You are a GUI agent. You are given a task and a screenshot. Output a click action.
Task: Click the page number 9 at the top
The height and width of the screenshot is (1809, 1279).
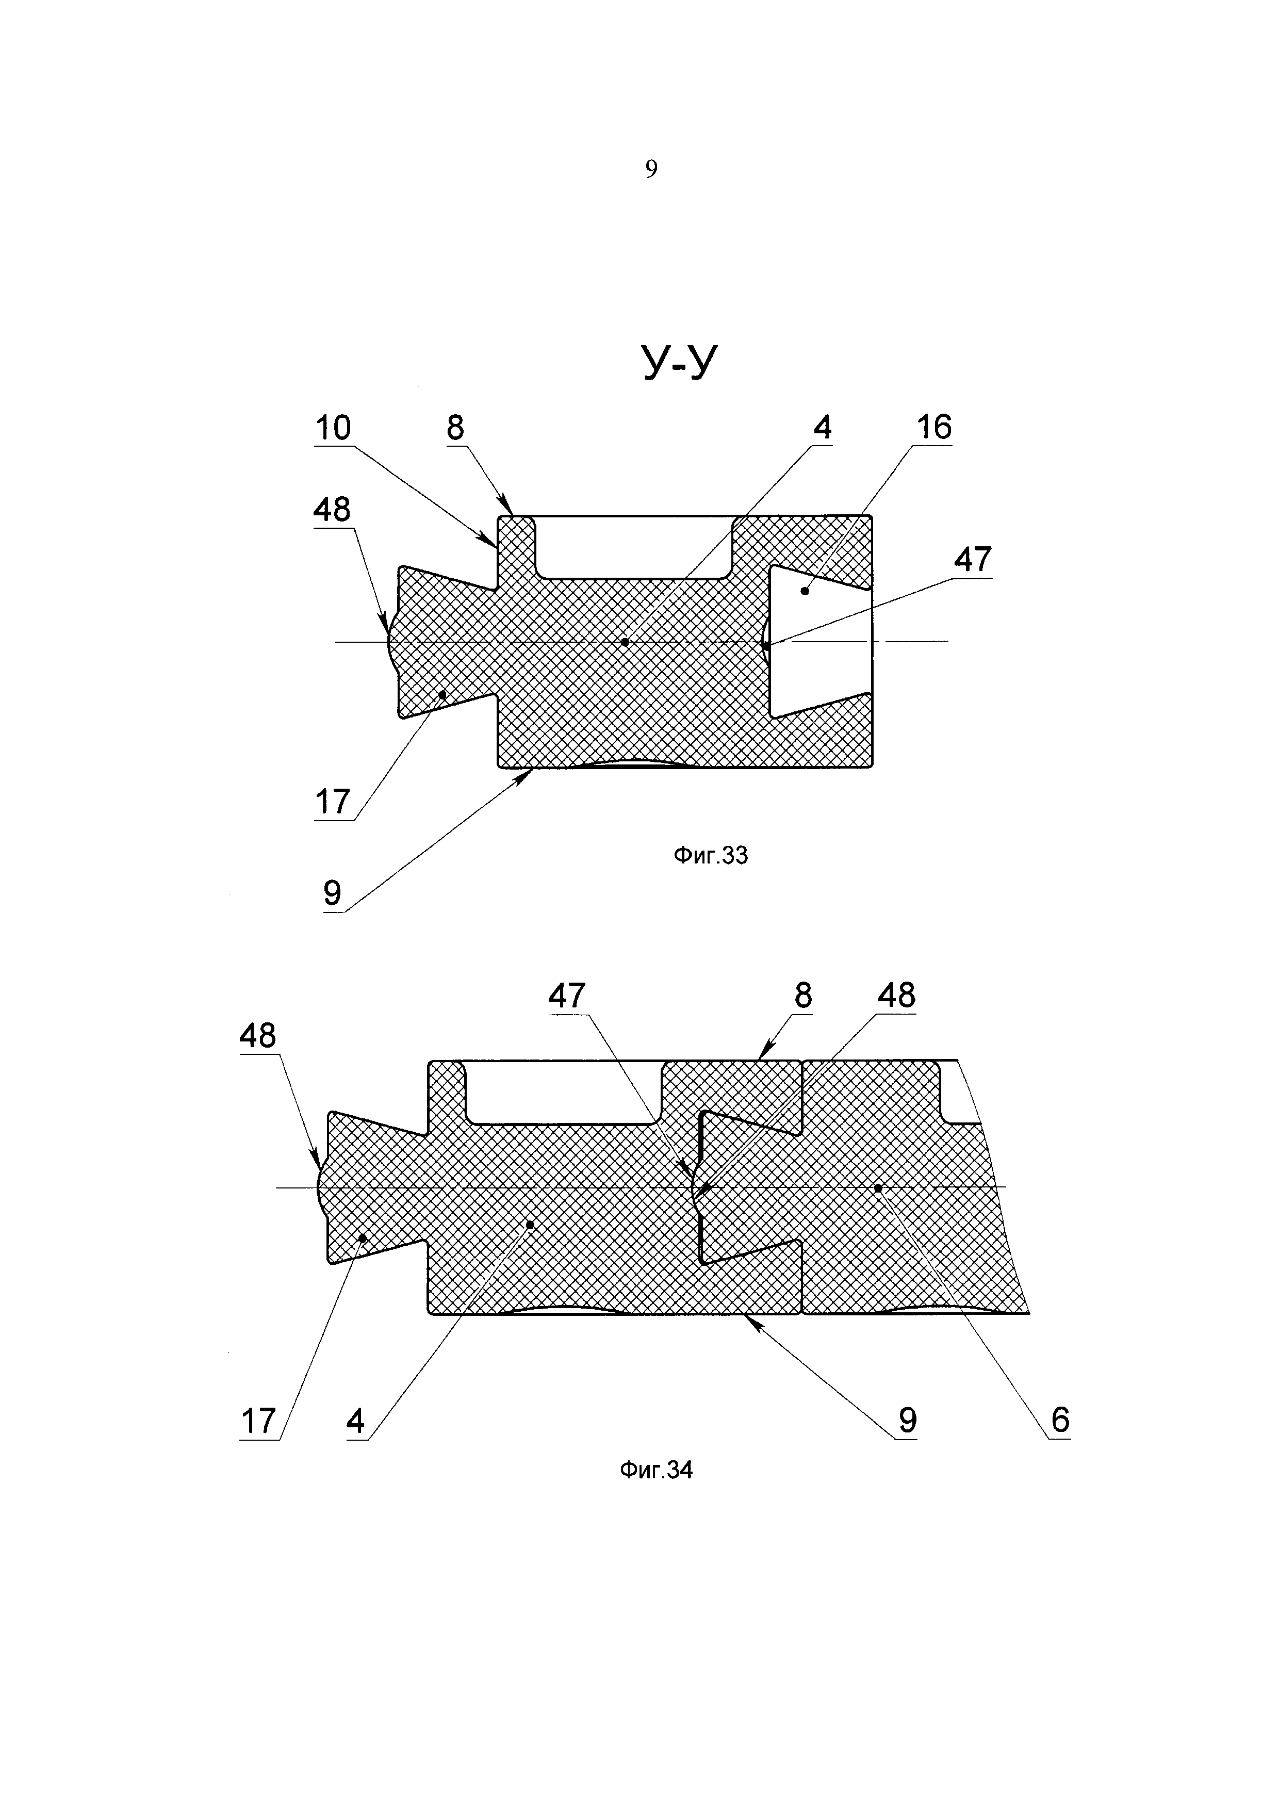pyautogui.click(x=650, y=169)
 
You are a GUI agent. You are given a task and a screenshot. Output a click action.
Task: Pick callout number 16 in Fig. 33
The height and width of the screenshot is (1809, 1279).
pyautogui.click(x=933, y=427)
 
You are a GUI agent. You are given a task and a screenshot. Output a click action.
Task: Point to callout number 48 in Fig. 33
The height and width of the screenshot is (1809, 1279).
pyautogui.click(x=332, y=511)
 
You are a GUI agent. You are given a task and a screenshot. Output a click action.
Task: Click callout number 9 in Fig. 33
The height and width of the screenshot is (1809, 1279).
pyautogui.click(x=332, y=893)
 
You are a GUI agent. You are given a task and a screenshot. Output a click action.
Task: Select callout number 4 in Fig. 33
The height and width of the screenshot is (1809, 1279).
pyautogui.click(x=822, y=428)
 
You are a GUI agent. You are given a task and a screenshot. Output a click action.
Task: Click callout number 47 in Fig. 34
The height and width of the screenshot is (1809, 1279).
pyautogui.click(x=567, y=997)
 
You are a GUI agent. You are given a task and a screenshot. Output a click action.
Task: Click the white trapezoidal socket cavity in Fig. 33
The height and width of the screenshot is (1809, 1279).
pyautogui.click(x=819, y=642)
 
